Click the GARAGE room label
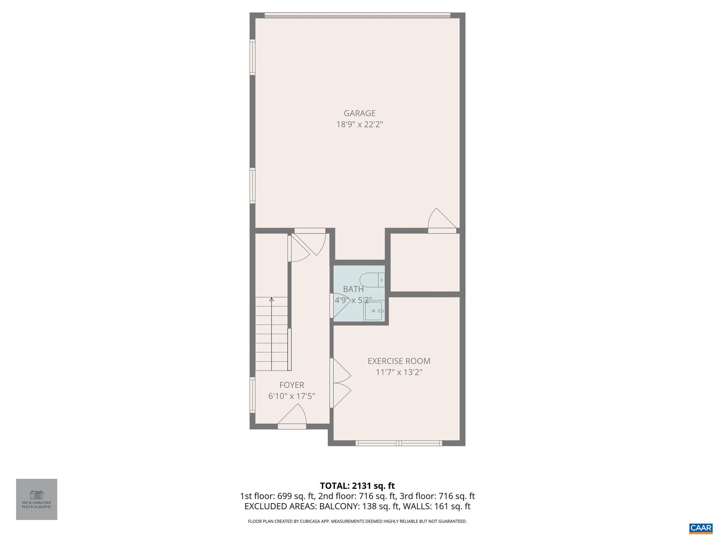[360, 113]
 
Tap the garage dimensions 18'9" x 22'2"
[360, 125]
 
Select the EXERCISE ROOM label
[399, 361]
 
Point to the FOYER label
[292, 385]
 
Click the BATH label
[353, 289]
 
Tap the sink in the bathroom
[374, 311]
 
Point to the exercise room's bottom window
[399, 443]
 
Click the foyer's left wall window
[252, 395]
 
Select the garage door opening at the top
[357, 15]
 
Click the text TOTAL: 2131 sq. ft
[357, 486]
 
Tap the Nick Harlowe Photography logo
[37, 499]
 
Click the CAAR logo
[701, 528]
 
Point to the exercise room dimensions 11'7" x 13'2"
[399, 372]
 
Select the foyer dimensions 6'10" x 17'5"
[292, 396]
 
